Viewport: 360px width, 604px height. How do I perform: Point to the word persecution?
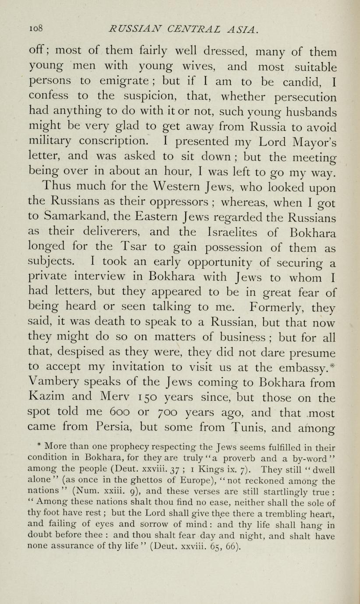[297, 97]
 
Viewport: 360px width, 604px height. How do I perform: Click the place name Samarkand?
[74, 218]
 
